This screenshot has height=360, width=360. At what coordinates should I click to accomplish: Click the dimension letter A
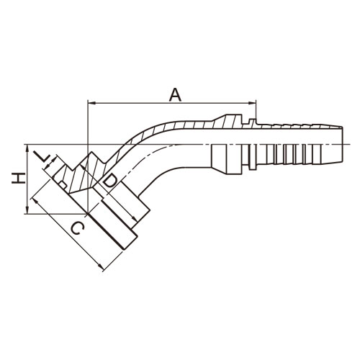[x=175, y=95]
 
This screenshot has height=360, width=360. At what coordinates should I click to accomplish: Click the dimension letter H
[x=19, y=179]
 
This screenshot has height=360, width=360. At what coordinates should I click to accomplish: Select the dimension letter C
[x=78, y=228]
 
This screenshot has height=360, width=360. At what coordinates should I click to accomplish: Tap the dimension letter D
[x=110, y=181]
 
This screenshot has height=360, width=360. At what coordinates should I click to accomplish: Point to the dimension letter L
[x=42, y=157]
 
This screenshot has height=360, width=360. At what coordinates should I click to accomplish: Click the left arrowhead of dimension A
[x=92, y=103]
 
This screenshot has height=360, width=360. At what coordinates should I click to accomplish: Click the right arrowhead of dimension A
[x=252, y=103]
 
